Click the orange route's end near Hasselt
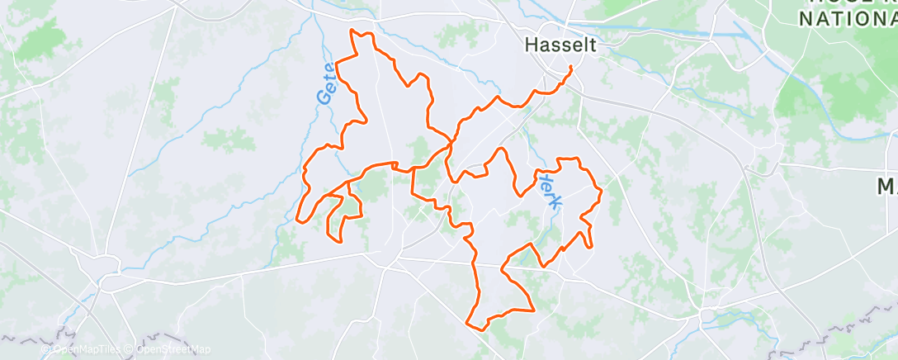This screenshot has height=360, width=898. (x=571, y=67)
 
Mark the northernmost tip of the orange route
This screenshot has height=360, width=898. (x=353, y=30)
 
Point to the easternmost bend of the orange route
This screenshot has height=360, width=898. (x=601, y=192)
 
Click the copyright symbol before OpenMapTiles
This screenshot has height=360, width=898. (x=45, y=349)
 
